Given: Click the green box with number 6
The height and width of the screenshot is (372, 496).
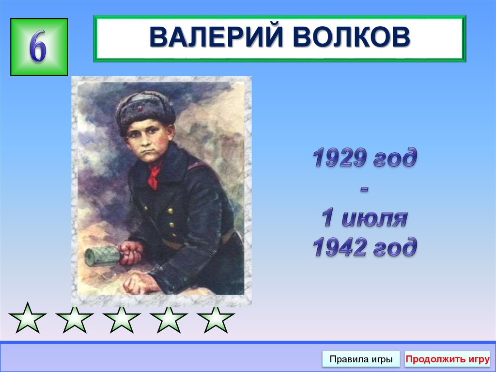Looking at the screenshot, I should [x=39, y=47].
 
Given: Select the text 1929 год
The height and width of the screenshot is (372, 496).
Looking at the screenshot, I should [x=365, y=159].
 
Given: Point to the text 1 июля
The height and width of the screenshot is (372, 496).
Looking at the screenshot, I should [x=365, y=219].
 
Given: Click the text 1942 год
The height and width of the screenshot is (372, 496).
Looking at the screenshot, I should [x=365, y=249].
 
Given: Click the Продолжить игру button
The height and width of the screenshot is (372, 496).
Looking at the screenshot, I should [x=447, y=359].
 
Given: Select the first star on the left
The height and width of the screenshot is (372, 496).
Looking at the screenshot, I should [x=28, y=318].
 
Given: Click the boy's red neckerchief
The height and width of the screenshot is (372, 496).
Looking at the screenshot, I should [x=154, y=175].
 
